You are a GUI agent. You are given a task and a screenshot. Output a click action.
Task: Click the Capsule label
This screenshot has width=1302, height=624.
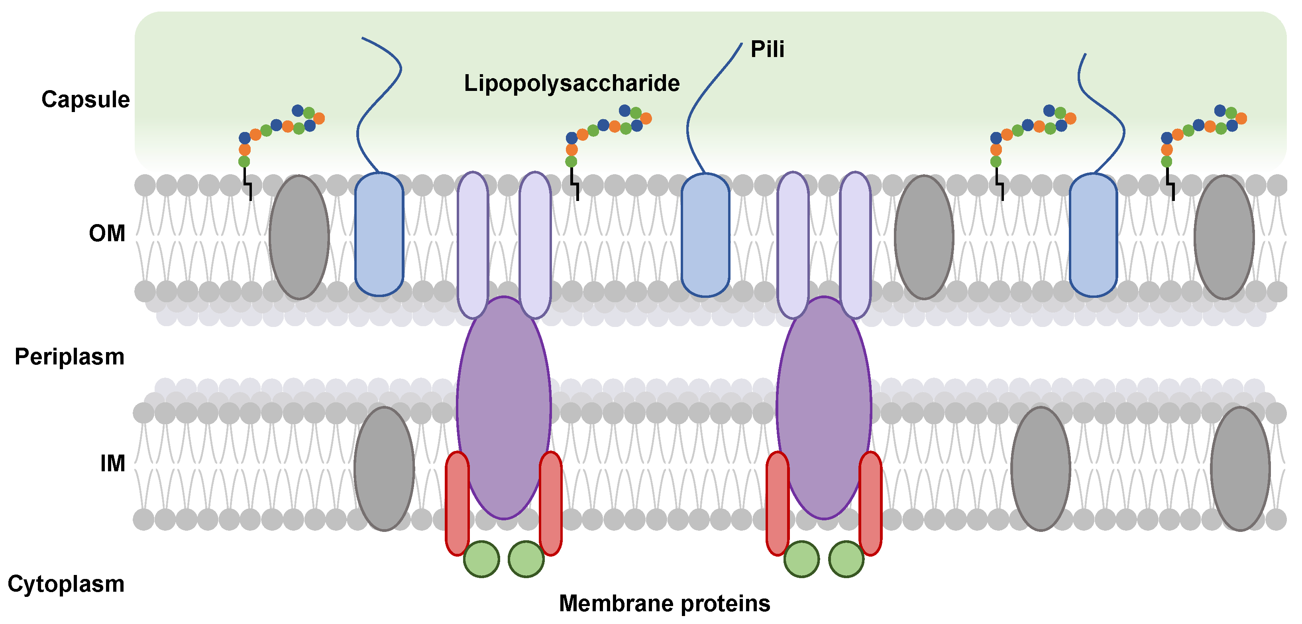click(85, 100)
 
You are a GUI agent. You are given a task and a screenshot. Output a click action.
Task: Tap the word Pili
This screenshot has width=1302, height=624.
click(767, 49)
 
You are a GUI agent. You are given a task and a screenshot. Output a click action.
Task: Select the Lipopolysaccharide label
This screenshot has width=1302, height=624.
click(571, 83)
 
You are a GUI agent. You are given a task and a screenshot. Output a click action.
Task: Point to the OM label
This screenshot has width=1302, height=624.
click(107, 233)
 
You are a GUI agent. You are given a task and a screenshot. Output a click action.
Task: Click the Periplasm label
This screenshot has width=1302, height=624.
click(70, 357)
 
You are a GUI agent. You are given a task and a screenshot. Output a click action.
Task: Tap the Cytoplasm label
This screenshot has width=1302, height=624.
click(66, 584)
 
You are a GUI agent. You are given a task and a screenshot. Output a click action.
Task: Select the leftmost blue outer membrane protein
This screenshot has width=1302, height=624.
click(379, 234)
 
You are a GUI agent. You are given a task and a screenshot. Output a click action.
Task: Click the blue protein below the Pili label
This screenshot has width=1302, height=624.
click(705, 234)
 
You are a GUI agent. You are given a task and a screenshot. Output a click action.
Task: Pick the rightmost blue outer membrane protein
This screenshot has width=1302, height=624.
click(1094, 234)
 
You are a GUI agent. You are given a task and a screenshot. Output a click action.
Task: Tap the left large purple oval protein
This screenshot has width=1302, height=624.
click(504, 407)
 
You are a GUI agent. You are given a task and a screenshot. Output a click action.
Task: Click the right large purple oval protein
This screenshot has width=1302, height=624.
click(824, 407)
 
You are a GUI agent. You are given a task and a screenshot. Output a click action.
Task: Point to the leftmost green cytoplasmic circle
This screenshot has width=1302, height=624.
click(482, 559)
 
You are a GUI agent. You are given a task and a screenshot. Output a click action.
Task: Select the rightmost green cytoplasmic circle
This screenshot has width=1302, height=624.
click(846, 559)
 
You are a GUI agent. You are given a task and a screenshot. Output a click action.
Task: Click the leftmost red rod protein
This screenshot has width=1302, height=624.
click(458, 504)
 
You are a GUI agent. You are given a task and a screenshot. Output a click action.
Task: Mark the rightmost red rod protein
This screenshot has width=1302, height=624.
click(870, 504)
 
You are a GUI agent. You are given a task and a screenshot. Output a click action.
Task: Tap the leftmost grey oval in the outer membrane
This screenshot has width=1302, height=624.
click(299, 237)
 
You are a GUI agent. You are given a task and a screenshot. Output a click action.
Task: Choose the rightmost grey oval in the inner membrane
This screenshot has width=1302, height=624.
click(1240, 469)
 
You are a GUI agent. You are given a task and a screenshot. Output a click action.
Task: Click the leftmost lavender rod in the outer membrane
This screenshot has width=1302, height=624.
click(473, 245)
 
